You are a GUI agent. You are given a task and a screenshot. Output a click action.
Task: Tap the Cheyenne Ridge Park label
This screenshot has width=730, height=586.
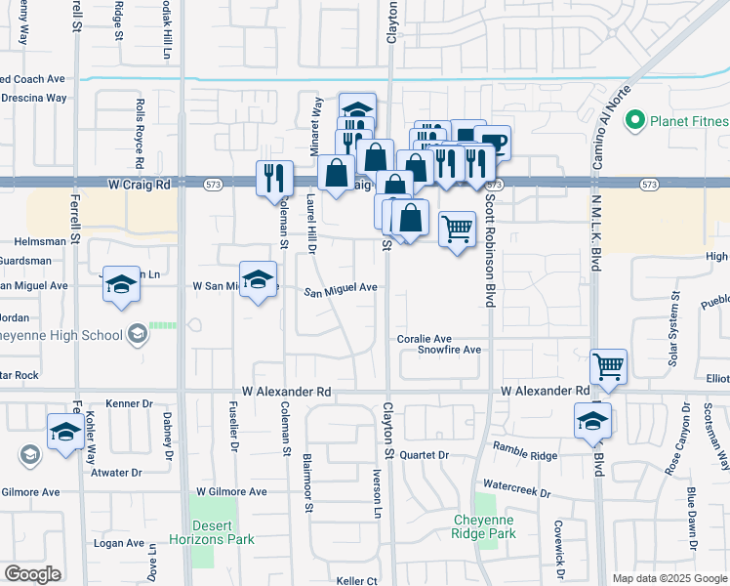[x=482, y=526]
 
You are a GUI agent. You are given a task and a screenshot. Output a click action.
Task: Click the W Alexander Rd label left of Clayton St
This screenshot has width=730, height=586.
[x=288, y=391]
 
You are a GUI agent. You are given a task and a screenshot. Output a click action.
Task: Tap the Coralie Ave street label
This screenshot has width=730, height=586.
[x=425, y=339]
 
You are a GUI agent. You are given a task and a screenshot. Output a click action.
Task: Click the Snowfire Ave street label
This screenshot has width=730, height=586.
[x=450, y=350]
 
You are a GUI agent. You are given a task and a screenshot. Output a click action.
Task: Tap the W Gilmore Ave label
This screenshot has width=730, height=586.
[x=231, y=492]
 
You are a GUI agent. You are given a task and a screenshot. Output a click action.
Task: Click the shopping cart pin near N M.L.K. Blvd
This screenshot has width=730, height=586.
[x=608, y=366]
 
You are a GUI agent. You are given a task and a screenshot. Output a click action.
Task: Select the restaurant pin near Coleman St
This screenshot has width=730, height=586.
[x=273, y=177]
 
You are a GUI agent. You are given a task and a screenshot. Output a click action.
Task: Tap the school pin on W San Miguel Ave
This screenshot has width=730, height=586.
[x=258, y=280]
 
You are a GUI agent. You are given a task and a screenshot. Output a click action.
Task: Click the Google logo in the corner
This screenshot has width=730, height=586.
[x=33, y=574]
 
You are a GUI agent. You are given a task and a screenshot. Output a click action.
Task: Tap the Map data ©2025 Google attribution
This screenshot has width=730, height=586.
[x=669, y=578]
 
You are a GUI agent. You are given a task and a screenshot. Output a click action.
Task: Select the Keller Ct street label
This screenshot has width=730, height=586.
[x=356, y=581]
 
